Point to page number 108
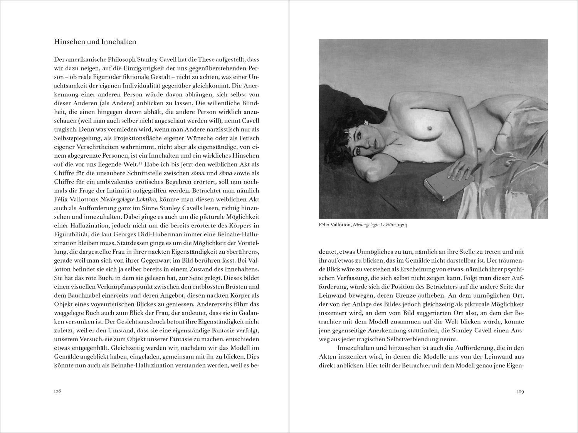click(58, 391)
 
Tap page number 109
click(520, 391)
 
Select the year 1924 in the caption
click(402, 225)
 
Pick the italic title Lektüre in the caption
click(387, 225)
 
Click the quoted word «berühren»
click(245, 252)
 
